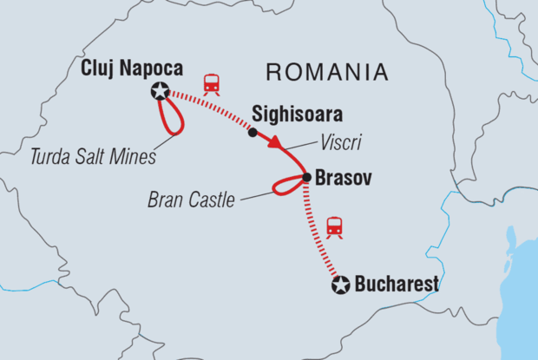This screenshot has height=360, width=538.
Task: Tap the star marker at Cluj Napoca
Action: tap(160, 89)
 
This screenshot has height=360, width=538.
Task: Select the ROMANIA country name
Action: tap(326, 69)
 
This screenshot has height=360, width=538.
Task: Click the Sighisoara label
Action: tap(296, 115)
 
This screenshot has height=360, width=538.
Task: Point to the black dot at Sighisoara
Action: tap(253, 133)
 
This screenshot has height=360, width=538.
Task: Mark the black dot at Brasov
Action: tap(306, 177)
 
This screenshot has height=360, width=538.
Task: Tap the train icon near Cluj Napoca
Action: tap(210, 84)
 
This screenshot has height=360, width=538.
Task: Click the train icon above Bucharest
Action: tap(335, 227)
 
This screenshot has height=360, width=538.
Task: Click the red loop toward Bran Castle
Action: tap(282, 185)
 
